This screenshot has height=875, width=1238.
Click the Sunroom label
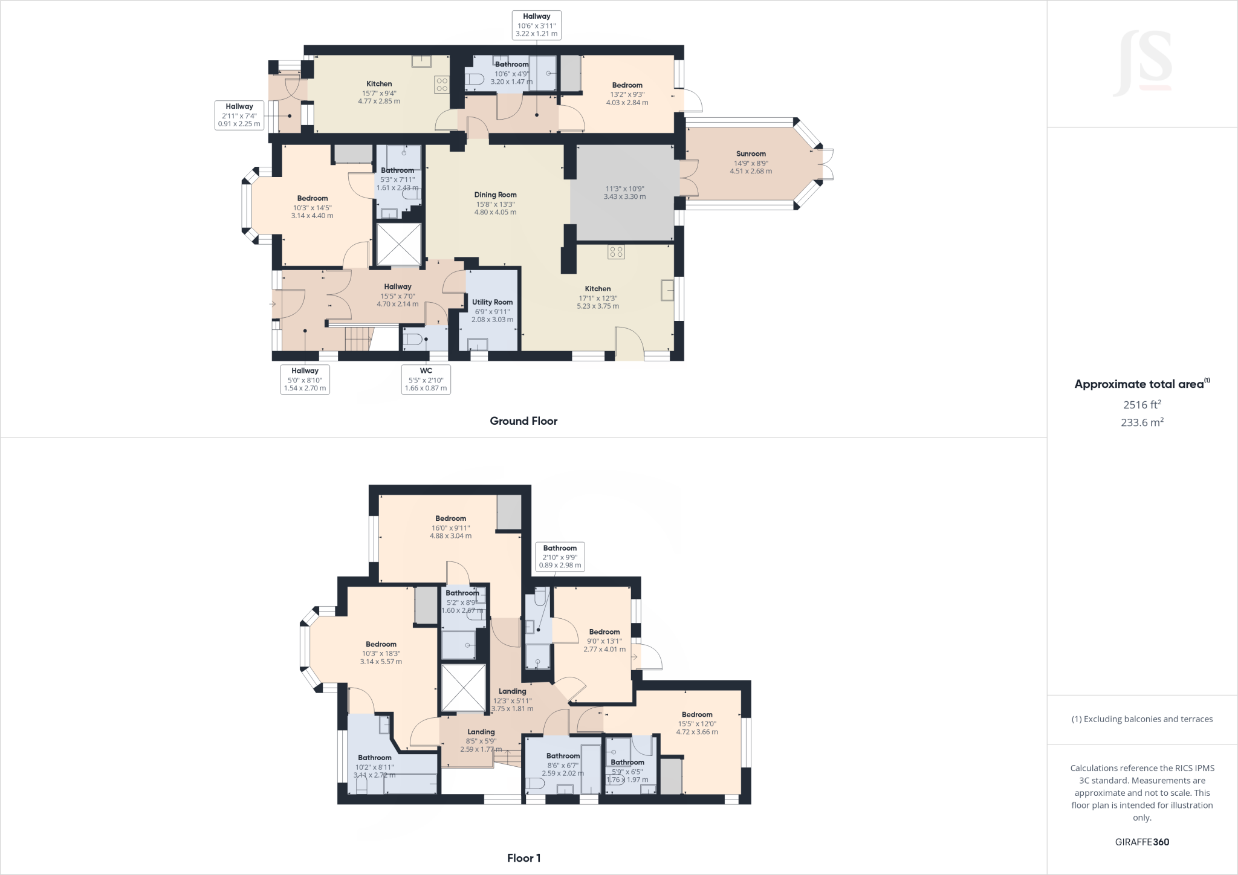click(751, 154)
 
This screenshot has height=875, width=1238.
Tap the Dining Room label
click(495, 195)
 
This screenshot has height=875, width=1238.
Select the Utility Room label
click(492, 302)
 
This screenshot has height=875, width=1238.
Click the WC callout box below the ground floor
click(426, 379)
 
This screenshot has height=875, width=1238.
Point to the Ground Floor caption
click(523, 421)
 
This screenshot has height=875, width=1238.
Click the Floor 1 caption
click(523, 858)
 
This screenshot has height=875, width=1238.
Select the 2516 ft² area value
click(1142, 405)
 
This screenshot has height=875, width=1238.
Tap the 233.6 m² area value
click(1142, 422)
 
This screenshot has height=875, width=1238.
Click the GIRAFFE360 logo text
click(1142, 842)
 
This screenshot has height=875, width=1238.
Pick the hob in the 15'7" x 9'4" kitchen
click(442, 85)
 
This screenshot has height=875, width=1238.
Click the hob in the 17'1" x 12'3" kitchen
click(616, 252)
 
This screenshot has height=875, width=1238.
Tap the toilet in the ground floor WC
click(414, 340)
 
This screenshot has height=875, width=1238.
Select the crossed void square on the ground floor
click(398, 244)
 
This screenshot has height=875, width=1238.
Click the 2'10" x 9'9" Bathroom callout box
click(560, 557)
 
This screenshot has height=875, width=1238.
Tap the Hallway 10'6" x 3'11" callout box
click(536, 25)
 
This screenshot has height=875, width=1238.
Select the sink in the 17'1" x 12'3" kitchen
click(667, 290)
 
